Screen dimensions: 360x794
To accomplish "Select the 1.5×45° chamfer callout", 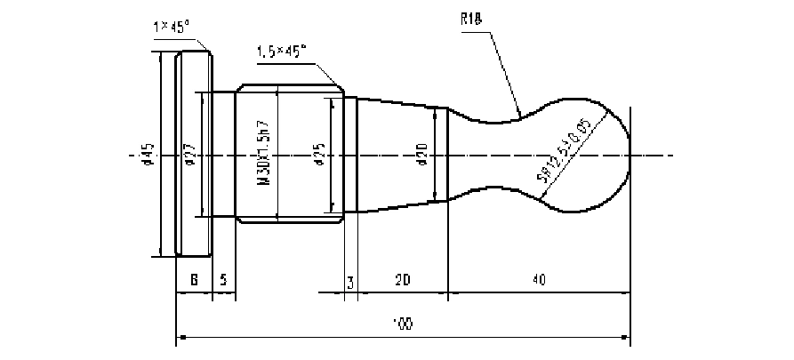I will [x=280, y=52].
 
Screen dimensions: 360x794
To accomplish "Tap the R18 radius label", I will [x=471, y=19].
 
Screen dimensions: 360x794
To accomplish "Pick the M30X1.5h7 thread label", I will [x=263, y=154].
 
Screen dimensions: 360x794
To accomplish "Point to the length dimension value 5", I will [x=223, y=280].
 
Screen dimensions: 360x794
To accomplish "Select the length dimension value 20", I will [x=402, y=280].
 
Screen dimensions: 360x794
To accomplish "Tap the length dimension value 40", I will [x=539, y=280].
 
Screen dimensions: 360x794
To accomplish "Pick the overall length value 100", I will [x=402, y=324].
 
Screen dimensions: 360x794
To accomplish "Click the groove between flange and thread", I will [x=223, y=155].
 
